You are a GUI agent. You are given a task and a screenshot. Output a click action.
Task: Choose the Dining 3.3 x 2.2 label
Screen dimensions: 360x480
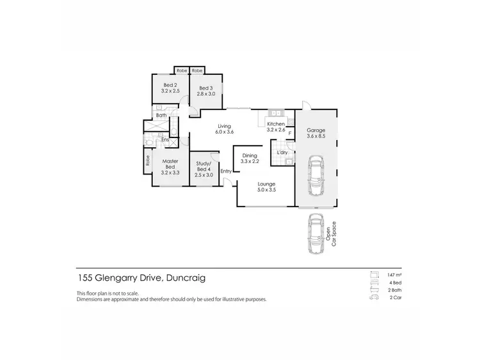(249, 157)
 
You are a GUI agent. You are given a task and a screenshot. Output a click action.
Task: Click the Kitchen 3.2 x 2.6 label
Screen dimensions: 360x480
(276, 127)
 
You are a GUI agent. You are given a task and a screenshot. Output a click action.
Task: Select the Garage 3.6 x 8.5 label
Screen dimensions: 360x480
(316, 132)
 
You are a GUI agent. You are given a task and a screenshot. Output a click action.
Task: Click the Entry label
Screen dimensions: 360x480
(226, 171)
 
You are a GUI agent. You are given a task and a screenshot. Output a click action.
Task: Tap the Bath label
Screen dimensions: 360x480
(161, 116)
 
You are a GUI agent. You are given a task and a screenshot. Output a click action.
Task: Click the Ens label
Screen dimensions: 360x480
(164, 139)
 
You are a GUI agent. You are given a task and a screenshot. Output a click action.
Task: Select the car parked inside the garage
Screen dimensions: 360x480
(317, 176)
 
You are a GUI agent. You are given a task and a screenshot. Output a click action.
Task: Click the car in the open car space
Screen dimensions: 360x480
(316, 235)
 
